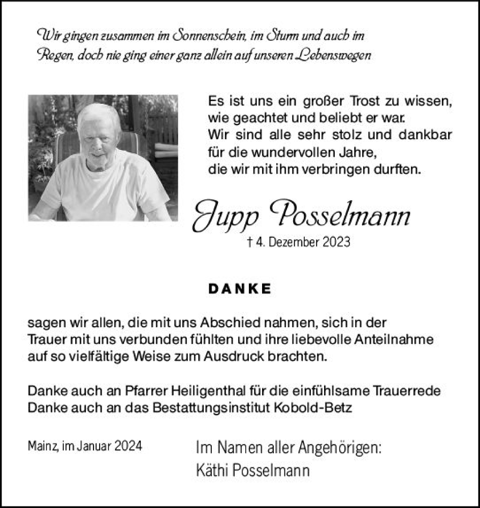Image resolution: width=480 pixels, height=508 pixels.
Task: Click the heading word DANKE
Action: point(240,289)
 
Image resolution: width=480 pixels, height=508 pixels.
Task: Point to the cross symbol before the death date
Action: point(249,242)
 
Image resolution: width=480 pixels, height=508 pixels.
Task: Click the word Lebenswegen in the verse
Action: point(332,55)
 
